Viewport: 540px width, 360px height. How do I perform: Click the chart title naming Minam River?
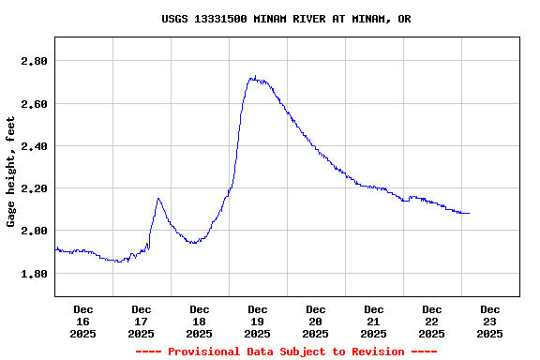click(x=286, y=19)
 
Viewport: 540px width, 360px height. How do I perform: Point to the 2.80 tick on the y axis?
click(x=34, y=61)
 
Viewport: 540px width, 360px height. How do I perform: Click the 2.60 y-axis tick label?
click(x=34, y=103)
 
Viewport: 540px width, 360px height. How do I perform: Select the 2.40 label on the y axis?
click(x=34, y=146)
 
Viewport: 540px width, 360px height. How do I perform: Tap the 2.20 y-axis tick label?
click(x=34, y=188)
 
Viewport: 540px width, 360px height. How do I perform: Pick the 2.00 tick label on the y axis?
click(x=34, y=231)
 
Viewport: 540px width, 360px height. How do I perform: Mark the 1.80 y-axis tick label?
click(x=34, y=274)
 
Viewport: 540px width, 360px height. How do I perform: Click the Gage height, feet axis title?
click(x=11, y=172)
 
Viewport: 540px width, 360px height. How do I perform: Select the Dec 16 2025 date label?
click(x=82, y=322)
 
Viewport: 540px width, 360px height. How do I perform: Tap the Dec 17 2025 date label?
click(x=141, y=322)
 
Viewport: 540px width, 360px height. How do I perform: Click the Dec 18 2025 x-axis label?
click(x=199, y=322)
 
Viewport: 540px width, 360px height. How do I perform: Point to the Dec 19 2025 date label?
click(x=257, y=322)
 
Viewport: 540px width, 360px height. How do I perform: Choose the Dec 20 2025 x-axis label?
click(x=315, y=322)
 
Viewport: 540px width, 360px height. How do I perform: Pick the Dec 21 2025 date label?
click(x=373, y=322)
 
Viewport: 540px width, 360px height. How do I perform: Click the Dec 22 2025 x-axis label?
click(x=431, y=322)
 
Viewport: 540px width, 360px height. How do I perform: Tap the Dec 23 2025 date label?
click(x=489, y=322)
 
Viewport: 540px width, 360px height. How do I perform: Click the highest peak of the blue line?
click(x=254, y=78)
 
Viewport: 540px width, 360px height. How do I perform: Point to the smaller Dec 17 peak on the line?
click(x=158, y=199)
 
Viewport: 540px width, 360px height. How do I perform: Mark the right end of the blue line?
click(x=469, y=214)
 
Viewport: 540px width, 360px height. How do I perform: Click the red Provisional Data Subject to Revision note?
click(x=286, y=352)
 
